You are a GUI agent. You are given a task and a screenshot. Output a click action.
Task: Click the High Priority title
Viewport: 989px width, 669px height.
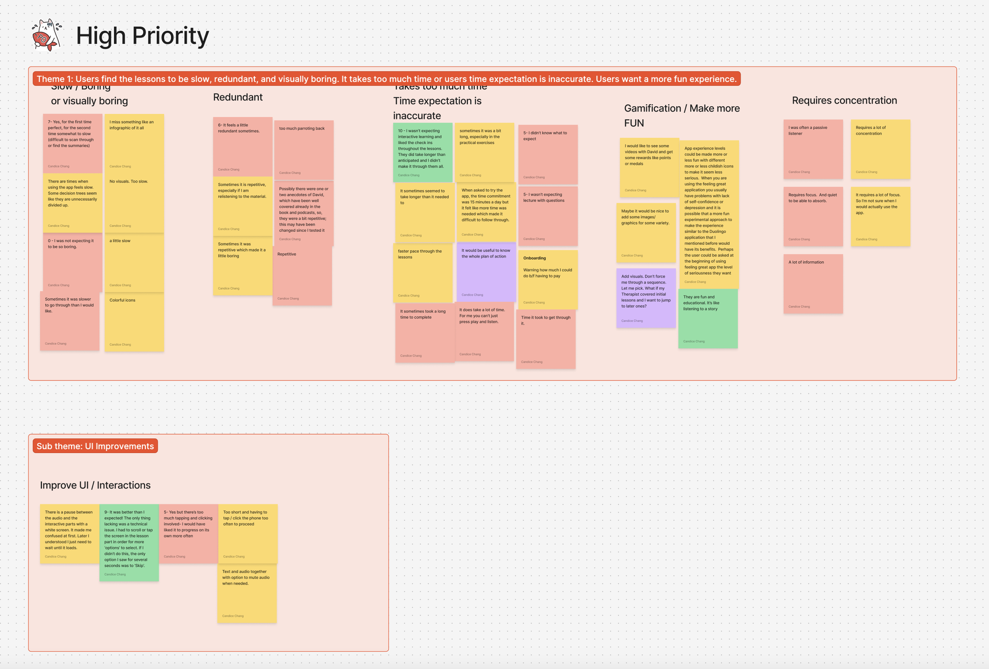[142, 36]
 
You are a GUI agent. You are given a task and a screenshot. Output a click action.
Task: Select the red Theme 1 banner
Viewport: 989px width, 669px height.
[387, 79]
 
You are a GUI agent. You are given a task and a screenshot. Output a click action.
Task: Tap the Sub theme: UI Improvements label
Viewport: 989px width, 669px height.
[95, 446]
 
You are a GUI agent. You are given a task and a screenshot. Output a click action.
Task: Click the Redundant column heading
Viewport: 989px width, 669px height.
[238, 97]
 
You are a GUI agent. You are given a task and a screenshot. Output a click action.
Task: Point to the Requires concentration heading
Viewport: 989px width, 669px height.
[844, 100]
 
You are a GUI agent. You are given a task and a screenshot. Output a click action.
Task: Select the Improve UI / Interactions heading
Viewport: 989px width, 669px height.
[95, 485]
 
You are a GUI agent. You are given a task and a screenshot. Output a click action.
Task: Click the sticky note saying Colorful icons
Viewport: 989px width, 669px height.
[134, 322]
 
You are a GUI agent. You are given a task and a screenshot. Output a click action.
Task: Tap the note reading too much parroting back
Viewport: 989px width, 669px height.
[303, 150]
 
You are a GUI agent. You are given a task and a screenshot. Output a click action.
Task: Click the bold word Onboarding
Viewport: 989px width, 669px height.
[534, 258]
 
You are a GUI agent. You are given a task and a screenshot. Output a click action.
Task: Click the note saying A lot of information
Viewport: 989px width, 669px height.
[813, 283]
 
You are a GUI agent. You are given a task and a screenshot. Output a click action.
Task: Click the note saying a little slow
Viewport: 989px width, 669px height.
[134, 263]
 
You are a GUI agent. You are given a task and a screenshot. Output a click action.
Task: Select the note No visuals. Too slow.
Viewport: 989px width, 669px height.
[134, 203]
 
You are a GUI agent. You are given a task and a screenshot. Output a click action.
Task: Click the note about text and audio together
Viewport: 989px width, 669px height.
[247, 593]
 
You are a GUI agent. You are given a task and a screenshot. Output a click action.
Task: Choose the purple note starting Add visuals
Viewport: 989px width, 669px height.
[646, 298]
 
